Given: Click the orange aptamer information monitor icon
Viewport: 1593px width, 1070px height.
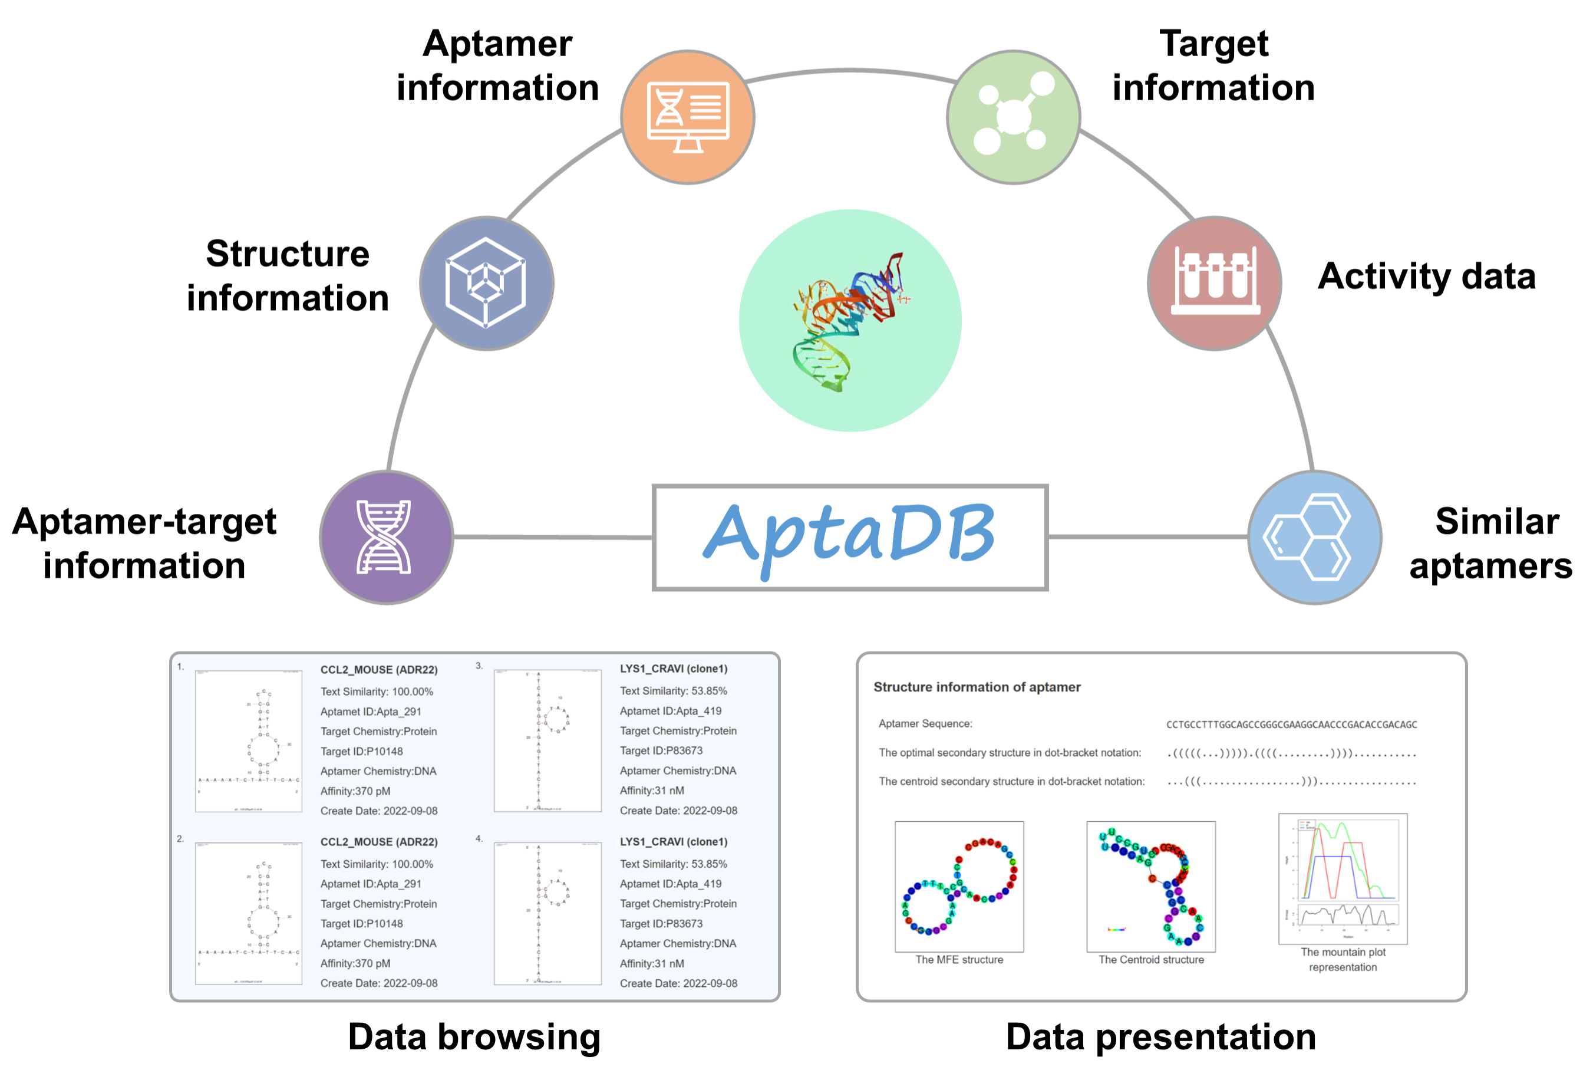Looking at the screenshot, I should [687, 117].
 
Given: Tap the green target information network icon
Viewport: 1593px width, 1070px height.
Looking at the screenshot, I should [1013, 117].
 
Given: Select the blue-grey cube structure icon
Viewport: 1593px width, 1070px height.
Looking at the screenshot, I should [486, 283].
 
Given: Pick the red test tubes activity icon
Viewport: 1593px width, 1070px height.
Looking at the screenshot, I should [1215, 283].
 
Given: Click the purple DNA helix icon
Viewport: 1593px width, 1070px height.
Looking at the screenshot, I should [386, 538].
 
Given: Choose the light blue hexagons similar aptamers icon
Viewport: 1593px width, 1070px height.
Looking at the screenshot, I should [1314, 538].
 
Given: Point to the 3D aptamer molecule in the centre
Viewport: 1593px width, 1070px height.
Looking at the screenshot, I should [849, 321].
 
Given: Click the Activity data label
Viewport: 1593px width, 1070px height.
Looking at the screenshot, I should [1426, 276].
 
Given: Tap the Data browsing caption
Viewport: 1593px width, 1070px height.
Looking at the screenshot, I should [474, 1036].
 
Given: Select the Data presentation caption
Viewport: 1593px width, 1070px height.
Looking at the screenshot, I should [1160, 1036].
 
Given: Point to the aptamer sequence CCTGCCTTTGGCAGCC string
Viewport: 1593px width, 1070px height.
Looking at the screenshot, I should [1291, 725].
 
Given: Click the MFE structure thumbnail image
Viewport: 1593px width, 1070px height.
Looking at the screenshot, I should [958, 887].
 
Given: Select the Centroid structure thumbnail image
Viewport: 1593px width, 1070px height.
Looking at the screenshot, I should [1150, 887].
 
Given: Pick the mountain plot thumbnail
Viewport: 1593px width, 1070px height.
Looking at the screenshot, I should [1342, 878].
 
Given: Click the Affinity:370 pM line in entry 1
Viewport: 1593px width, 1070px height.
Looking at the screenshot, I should [355, 792].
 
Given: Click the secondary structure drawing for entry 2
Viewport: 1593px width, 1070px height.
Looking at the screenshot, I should [248, 913].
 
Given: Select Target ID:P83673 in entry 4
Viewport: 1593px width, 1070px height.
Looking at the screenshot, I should [661, 924].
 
